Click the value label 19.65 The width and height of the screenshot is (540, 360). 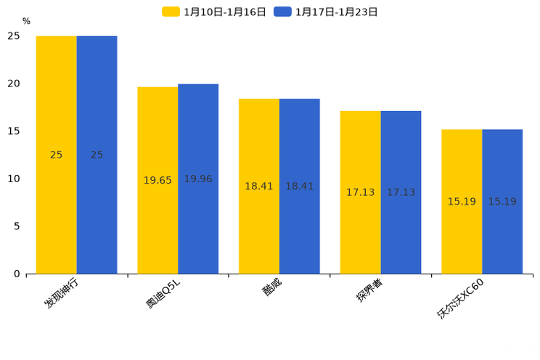point(157,180)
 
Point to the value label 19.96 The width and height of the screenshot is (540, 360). point(198,179)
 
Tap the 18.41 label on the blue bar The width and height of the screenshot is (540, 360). point(299,187)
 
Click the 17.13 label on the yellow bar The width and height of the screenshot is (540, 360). point(360,192)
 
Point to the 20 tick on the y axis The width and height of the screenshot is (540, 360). point(15,83)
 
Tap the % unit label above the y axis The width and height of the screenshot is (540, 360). point(26,21)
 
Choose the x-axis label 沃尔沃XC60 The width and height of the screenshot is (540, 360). point(460,298)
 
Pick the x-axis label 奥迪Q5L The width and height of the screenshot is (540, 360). point(164,293)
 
